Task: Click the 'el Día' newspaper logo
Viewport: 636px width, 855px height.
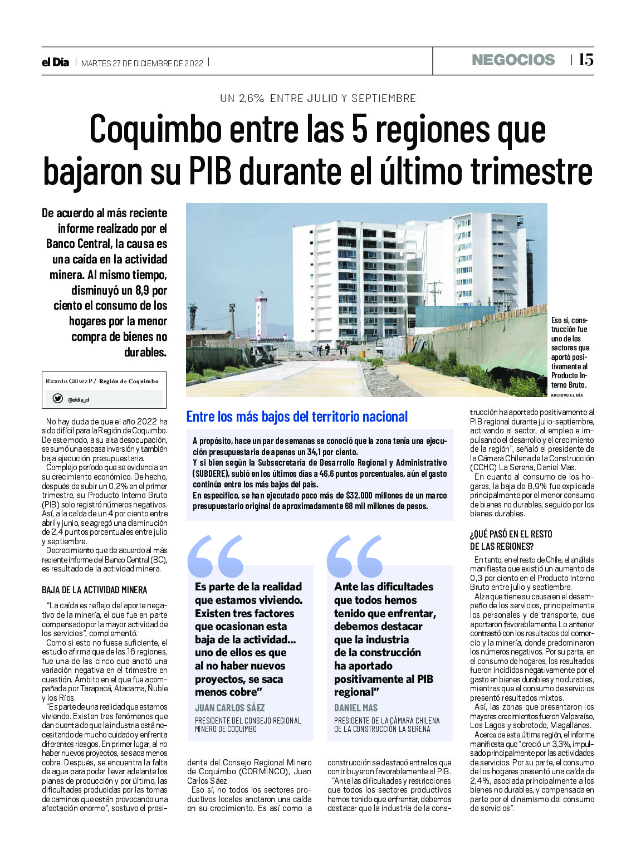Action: [55, 62]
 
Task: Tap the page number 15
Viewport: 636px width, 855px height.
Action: [585, 60]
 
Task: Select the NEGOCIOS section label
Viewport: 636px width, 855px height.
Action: [513, 60]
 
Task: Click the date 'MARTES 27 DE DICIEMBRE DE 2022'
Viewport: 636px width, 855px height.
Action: [142, 63]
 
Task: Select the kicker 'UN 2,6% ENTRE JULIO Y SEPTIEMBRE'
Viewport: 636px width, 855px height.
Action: [318, 98]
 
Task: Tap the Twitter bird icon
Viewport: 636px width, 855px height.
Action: [57, 399]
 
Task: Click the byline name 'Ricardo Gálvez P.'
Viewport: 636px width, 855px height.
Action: [70, 382]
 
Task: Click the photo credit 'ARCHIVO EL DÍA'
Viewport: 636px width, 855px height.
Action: [566, 395]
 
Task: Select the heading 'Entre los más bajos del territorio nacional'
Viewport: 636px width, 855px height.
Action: [297, 417]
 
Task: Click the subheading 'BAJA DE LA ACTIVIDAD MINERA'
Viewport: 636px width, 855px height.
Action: [95, 590]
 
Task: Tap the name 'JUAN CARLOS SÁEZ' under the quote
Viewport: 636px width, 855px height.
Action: [229, 708]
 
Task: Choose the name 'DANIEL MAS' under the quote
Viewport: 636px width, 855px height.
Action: [356, 708]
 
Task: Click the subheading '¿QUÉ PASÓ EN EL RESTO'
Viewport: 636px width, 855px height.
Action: [511, 534]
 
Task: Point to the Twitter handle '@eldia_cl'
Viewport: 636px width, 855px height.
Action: [79, 399]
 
